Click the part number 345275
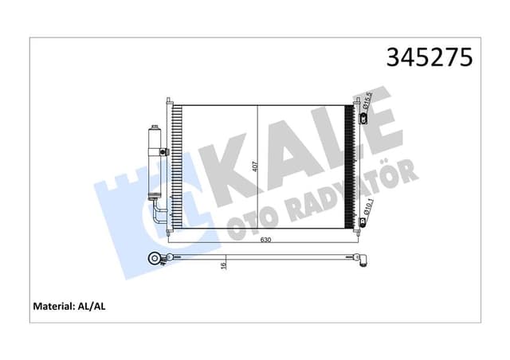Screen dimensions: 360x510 click(x=430, y=57)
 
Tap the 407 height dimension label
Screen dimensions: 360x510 click(x=253, y=168)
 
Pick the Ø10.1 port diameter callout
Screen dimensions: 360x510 click(x=367, y=209)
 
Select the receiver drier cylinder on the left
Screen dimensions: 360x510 click(x=154, y=163)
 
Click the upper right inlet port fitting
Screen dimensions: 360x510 click(x=363, y=119)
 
